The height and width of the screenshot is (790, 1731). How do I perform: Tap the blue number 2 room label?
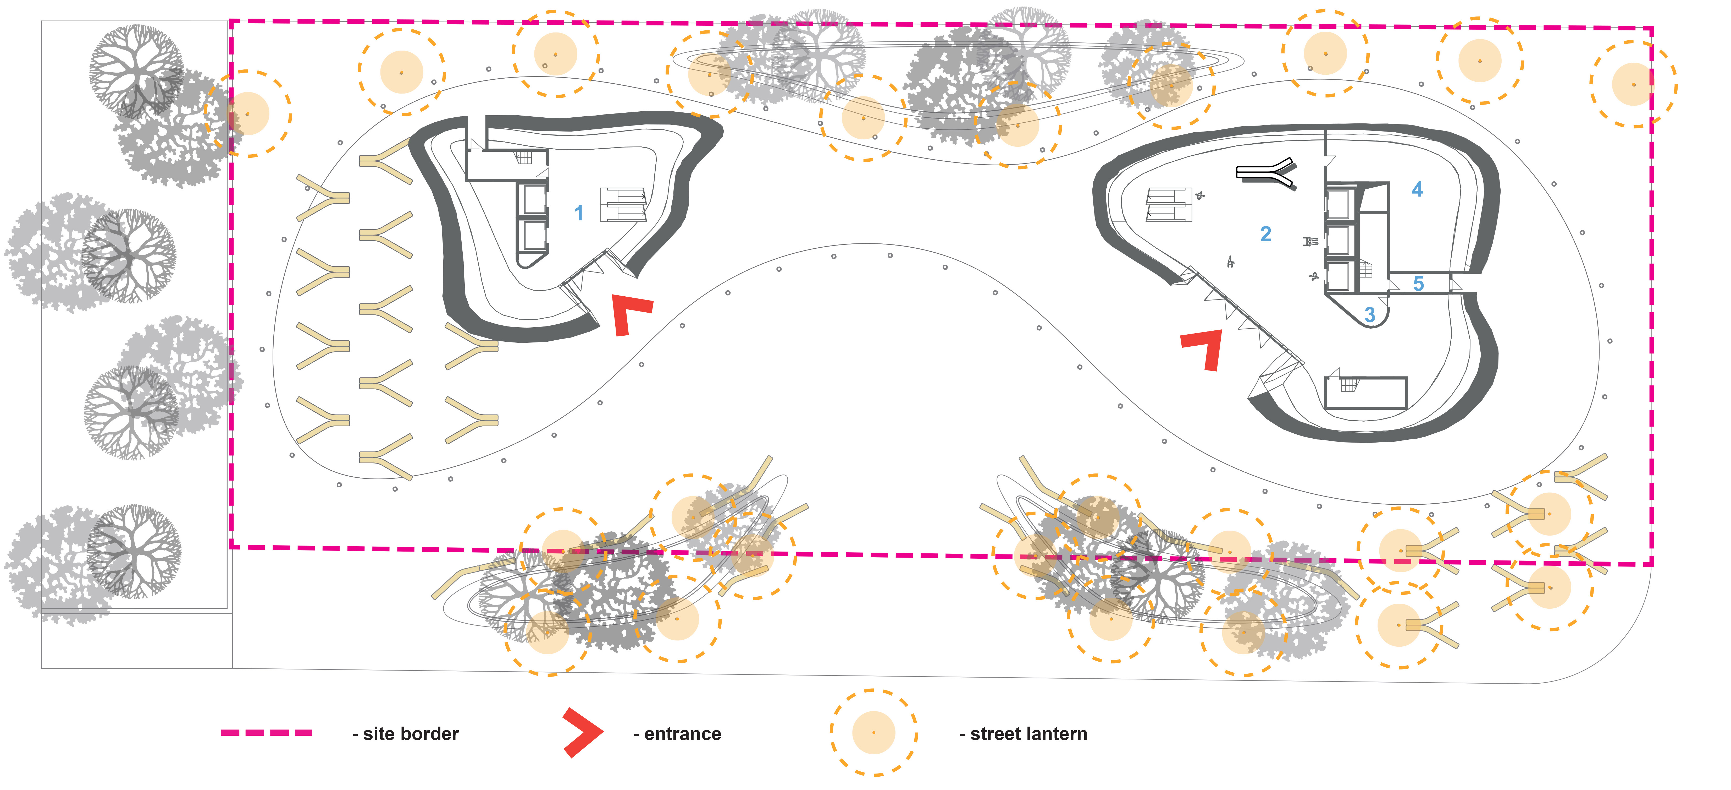pyautogui.click(x=1265, y=234)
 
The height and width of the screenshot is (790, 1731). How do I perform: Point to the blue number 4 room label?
pyautogui.click(x=1417, y=190)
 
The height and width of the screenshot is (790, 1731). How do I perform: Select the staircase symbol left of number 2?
pyautogui.click(x=1169, y=204)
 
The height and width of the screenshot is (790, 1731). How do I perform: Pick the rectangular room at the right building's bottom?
pyautogui.click(x=1365, y=393)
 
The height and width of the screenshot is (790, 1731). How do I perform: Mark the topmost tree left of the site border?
pyautogui.click(x=136, y=72)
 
